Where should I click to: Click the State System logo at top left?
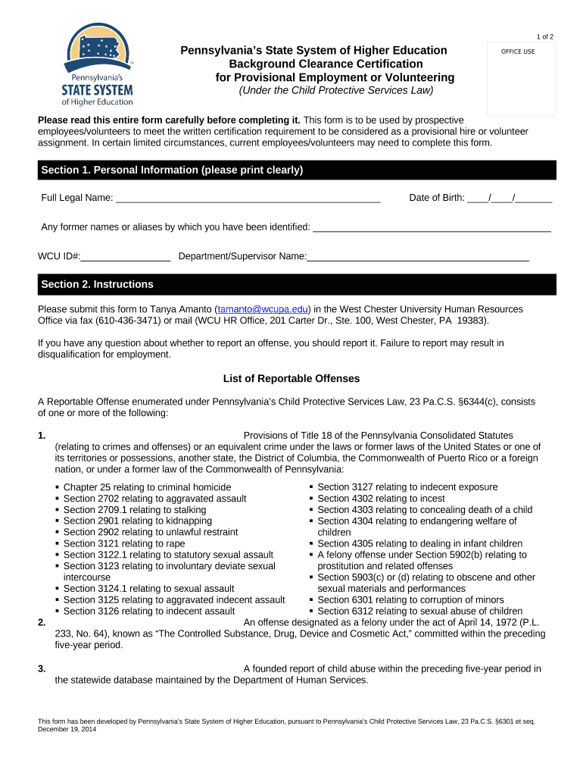(x=98, y=65)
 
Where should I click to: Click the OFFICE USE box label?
(x=518, y=52)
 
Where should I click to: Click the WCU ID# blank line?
(x=126, y=257)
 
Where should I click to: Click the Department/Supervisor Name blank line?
(x=417, y=257)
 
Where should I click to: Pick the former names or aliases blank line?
(x=432, y=227)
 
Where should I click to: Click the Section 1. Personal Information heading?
(x=172, y=170)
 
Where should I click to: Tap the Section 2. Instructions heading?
(x=97, y=284)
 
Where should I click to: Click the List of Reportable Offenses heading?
(x=291, y=378)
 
